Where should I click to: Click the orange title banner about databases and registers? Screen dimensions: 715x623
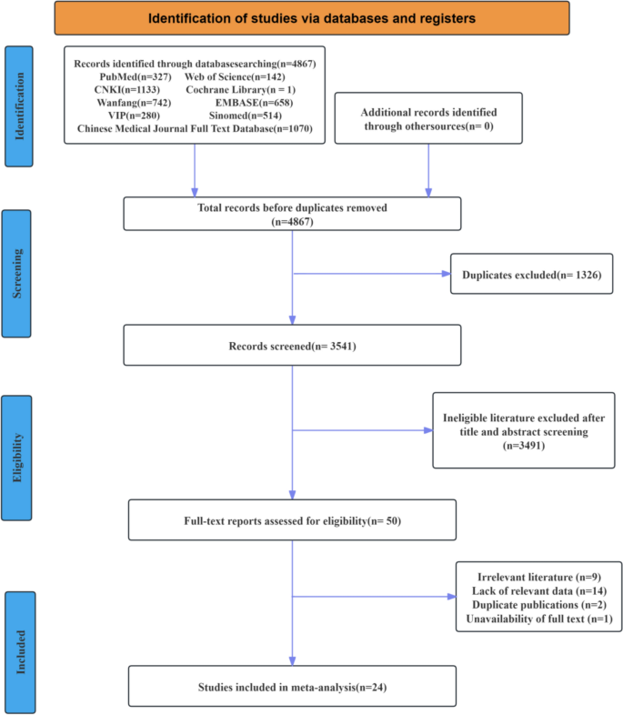pos(311,18)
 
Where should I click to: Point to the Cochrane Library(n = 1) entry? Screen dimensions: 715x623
pos(246,89)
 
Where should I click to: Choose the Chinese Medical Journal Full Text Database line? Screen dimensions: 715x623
pos(195,129)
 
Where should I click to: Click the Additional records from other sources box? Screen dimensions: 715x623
pos(428,118)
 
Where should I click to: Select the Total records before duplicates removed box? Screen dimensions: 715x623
pos(292,214)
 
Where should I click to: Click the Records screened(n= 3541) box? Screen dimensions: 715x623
pos(292,346)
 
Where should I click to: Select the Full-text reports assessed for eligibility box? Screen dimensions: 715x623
pos(292,521)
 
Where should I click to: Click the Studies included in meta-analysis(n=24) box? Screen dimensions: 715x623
pos(292,686)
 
